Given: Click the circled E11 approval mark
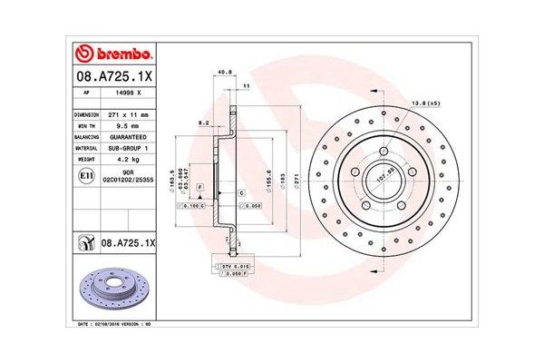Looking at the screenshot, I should pyautogui.click(x=84, y=174).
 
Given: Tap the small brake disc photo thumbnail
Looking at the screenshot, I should pyautogui.click(x=114, y=288).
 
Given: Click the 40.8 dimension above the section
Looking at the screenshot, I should pyautogui.click(x=223, y=74).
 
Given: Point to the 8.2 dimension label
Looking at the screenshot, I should pyautogui.click(x=205, y=121).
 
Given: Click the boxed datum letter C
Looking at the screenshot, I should pyautogui.click(x=241, y=193).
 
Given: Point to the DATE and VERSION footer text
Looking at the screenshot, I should pyautogui.click(x=113, y=322).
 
